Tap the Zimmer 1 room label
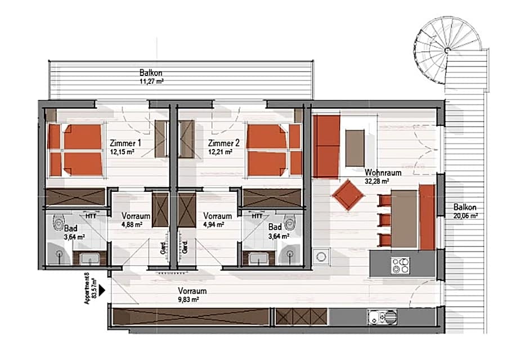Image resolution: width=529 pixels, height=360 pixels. pos(125,143)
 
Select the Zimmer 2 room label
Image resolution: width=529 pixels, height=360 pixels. pos(223,143)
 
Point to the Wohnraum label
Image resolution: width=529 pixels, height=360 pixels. pos(383,173)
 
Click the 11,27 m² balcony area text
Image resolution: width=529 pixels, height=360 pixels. pos(152,81)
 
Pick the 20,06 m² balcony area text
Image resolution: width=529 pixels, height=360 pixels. pos(465,215)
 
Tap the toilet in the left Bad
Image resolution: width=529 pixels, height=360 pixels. pos(57,224)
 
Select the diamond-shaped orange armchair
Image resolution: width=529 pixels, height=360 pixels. pos(349,195)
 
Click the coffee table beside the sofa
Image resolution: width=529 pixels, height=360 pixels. pos(355,148)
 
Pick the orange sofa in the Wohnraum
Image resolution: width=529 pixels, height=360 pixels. pos(326,146)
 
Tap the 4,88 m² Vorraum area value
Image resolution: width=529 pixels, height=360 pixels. pos(132,224)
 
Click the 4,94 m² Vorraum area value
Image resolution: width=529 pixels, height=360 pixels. pos(213,224)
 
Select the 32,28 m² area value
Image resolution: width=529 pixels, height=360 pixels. pos(376,181)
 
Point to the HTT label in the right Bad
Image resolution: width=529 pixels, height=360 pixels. pos(257,215)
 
